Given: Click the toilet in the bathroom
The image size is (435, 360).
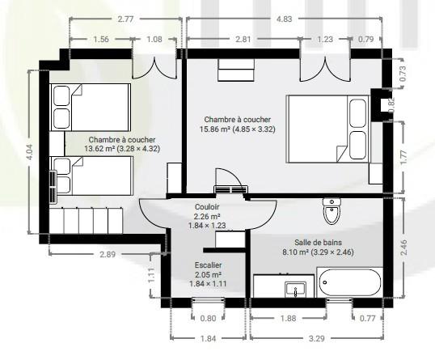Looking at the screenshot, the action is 332,211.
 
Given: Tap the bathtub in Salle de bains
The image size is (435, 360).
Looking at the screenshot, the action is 349,282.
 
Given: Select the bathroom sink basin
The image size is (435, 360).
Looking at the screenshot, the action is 295,290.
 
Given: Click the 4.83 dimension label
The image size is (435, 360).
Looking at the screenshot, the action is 285,19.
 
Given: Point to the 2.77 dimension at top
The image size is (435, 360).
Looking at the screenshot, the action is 125,19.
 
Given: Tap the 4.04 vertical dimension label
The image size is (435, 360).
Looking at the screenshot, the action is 29,152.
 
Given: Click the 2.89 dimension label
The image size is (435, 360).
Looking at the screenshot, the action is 108,254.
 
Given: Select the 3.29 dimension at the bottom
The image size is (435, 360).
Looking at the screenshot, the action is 316,338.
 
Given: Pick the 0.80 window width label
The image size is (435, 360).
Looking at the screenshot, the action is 208,318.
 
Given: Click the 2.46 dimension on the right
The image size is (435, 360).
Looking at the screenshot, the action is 403,248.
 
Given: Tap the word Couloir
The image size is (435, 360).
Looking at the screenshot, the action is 207,207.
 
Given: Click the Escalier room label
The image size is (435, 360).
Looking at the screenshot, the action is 208,265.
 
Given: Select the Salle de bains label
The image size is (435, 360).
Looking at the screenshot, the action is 319,243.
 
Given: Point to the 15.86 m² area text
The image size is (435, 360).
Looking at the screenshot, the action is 215,129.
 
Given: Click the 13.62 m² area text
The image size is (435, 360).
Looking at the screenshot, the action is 99,149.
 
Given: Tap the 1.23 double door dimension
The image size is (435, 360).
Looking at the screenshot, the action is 325,39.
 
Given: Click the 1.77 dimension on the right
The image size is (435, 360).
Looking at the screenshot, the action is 403,157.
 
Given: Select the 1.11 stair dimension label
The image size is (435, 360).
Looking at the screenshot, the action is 151,275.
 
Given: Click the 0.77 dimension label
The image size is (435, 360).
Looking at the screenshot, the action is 367,318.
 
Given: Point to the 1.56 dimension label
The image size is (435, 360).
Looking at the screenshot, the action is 101,39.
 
